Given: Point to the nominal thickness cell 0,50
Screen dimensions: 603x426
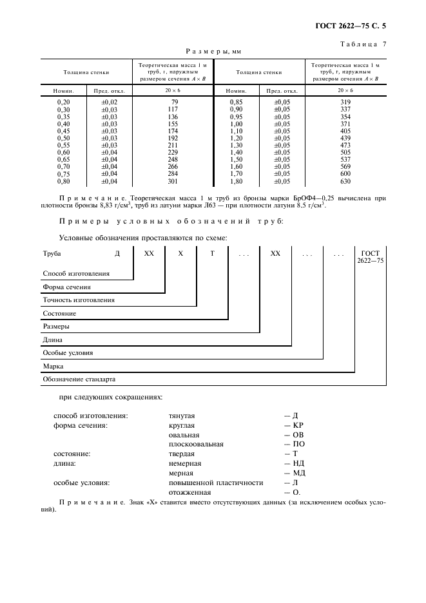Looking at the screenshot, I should (63, 138).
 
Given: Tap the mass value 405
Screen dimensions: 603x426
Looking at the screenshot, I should (346, 131).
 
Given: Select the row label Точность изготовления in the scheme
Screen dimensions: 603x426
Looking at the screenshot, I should (79, 300).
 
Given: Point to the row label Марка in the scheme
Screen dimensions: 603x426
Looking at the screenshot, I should (53, 366).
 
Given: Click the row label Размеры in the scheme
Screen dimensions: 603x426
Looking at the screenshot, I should (56, 326).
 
